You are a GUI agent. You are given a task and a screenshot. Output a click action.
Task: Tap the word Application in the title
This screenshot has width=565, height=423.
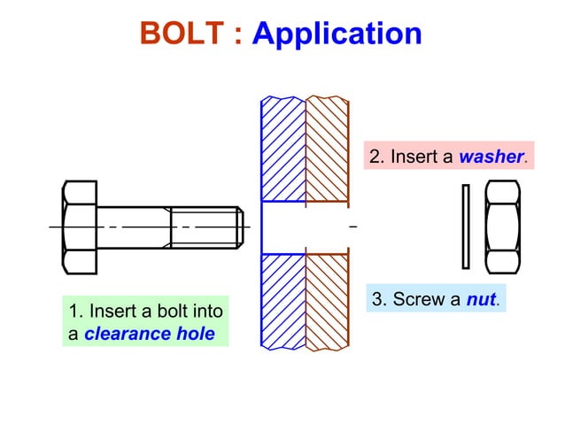337,34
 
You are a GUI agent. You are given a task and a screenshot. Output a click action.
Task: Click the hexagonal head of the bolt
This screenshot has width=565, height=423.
79,227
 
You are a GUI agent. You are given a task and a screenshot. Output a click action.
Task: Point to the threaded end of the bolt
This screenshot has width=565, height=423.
205,227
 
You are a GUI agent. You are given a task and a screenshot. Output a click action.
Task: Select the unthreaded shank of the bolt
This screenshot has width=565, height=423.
133,227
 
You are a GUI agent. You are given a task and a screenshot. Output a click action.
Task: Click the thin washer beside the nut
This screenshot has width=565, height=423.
466,227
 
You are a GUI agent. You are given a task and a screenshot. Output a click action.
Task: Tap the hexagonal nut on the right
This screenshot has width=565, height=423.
502,227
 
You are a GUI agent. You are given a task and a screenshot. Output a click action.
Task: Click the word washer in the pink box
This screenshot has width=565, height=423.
491,158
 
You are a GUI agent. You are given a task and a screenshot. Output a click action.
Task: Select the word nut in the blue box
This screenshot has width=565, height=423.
481,299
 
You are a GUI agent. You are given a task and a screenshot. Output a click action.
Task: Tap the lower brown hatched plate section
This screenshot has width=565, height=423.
326,301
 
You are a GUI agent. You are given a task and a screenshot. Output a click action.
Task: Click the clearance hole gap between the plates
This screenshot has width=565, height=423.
305,227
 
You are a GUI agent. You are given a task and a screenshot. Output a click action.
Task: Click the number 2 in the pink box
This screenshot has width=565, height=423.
375,158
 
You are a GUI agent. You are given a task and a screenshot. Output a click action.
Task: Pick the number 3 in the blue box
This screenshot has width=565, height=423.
378,299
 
